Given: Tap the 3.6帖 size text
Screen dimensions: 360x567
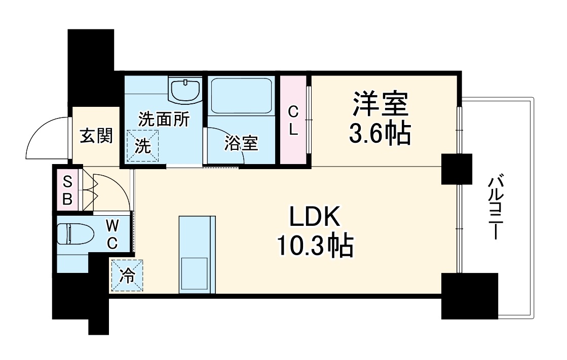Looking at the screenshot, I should click(380, 134).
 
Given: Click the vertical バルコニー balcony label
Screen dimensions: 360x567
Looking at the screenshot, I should click(496, 208).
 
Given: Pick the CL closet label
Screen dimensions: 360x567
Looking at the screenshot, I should click(294, 121).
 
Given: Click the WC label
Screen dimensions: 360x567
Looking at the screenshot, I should click(112, 233).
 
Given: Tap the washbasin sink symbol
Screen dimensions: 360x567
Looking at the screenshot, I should click(186, 91).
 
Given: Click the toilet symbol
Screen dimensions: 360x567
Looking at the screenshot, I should click(75, 234).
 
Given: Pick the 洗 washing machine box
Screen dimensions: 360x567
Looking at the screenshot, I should click(142, 146).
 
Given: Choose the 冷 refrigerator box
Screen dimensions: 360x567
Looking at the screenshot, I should click(127, 275).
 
